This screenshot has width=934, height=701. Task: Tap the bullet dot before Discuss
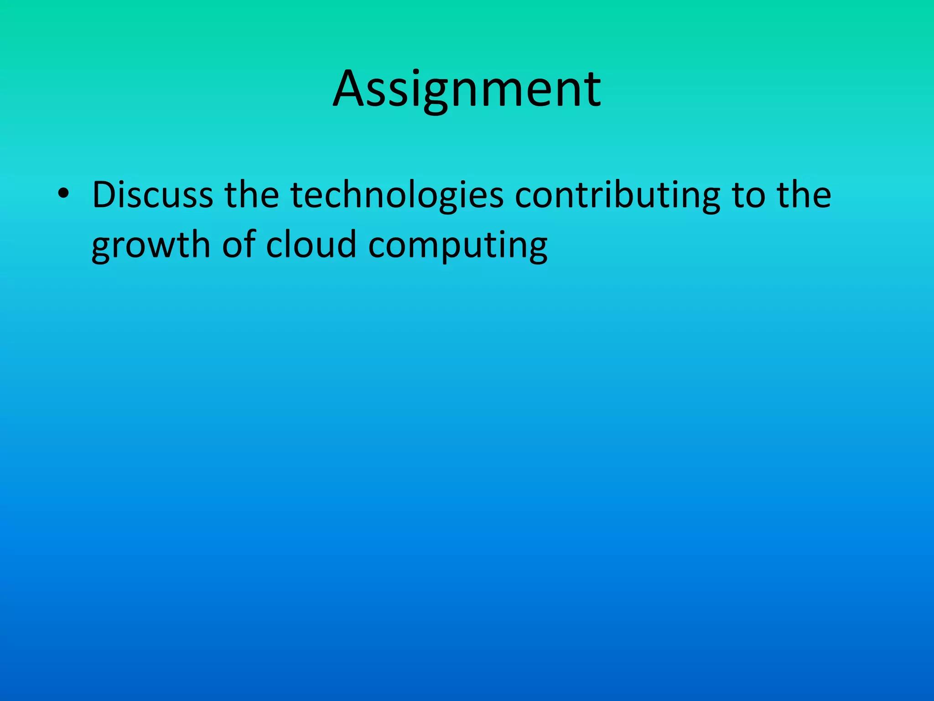pyautogui.click(x=63, y=194)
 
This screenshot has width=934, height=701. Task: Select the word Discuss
pyautogui.click(x=152, y=195)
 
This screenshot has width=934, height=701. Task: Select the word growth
pyautogui.click(x=150, y=246)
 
